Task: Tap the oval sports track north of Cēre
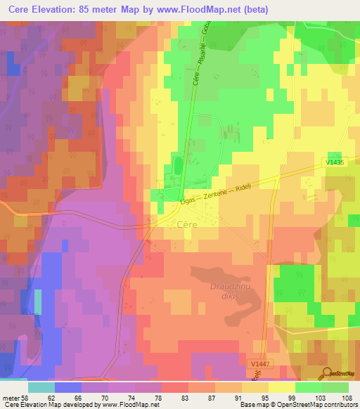pos(176,167)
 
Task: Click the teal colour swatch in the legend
pos(41,387)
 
